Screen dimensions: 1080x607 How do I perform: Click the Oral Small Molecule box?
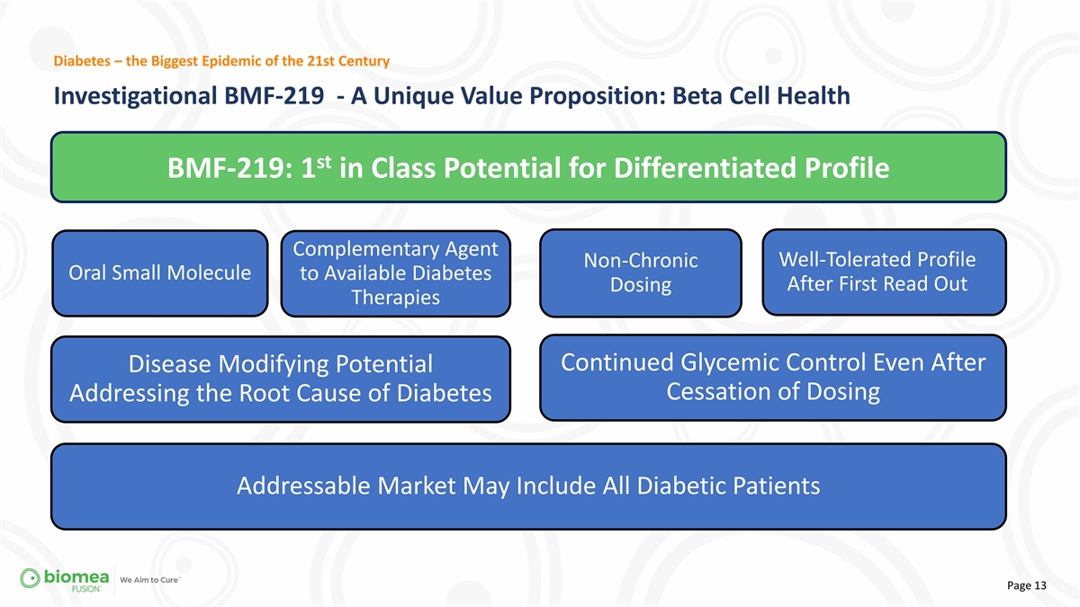160,273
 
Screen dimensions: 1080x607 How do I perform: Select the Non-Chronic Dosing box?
641,272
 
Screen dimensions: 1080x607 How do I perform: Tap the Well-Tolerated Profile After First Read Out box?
884,272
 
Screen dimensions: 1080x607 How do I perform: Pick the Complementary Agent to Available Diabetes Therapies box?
396,273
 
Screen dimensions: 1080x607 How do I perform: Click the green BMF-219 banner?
528,167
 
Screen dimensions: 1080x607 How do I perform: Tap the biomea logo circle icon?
30,578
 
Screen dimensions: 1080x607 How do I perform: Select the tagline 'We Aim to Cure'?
149,580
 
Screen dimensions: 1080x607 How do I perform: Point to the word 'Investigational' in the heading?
135,96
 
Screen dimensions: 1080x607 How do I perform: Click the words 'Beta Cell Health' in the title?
760,95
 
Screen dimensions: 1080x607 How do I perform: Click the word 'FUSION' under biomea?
86,589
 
